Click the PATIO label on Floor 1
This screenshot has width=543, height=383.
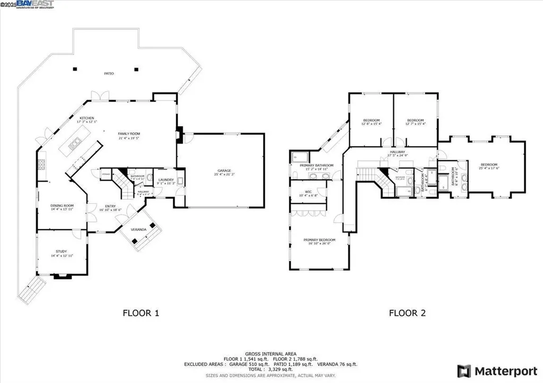click(x=108, y=74)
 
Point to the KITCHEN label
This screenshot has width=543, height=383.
click(x=87, y=119)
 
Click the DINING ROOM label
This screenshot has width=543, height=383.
click(x=62, y=206)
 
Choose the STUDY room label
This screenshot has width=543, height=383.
click(x=62, y=252)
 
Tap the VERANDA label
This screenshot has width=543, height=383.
click(x=141, y=229)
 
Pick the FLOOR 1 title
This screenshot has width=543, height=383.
click(x=141, y=313)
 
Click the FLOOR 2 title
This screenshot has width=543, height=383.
click(x=407, y=313)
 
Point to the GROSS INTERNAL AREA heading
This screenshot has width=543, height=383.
click(x=271, y=353)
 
